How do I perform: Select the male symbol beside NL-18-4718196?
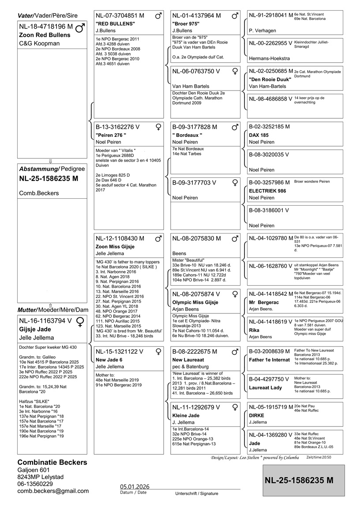coord(80,28)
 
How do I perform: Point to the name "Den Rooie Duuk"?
coord(270,79)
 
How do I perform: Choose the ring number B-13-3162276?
coord(117,127)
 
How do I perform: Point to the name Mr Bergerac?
coord(264,302)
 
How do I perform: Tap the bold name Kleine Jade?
coord(186,415)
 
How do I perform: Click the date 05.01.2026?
coord(135,486)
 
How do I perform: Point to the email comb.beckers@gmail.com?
coord(53,490)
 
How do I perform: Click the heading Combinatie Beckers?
coord(52,462)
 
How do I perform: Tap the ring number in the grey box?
coord(299,480)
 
